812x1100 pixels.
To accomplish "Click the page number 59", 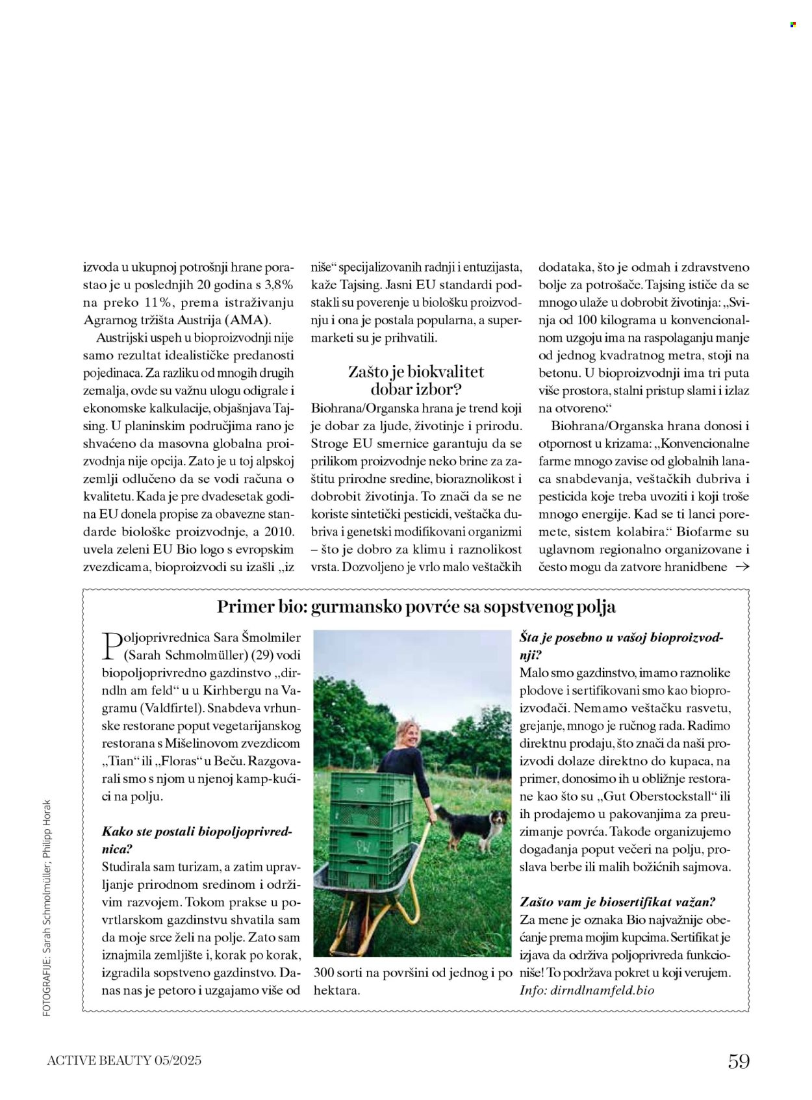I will point(739,1061).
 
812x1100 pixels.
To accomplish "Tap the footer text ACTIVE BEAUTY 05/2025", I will point(124,1060).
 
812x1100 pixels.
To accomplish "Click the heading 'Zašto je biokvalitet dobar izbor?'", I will point(416,381).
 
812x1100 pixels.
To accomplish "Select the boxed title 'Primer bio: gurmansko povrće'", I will point(416,607).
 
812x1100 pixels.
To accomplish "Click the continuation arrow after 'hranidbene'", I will point(741,567).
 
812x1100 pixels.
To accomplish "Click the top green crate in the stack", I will point(371,787).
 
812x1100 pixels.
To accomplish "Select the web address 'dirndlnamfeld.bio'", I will point(602,990).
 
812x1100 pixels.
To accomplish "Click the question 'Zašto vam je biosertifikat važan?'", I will point(617,902).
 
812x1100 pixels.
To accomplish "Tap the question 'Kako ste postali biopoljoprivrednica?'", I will point(198,839).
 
